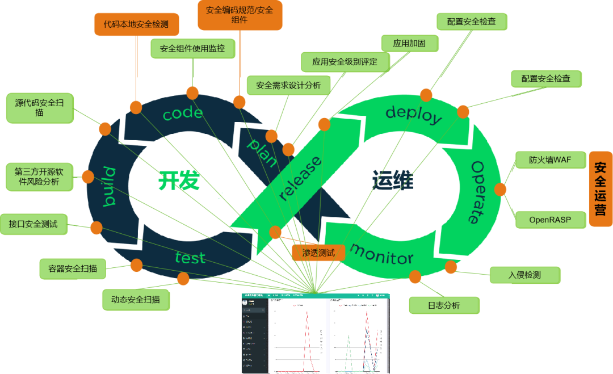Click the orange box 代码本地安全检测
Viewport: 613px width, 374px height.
coord(136,24)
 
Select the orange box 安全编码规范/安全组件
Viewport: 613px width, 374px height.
coord(239,15)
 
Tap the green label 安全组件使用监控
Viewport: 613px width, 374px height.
coord(192,48)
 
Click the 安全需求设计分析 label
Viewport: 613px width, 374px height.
coord(288,85)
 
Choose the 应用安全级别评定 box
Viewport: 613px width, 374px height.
coord(345,61)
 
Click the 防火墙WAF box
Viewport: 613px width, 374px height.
coord(550,159)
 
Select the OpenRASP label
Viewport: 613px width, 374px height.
coord(550,219)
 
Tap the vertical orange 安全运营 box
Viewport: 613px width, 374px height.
coord(601,188)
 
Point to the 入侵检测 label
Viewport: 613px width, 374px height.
coord(524,275)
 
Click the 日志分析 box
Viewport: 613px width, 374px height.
coord(444,305)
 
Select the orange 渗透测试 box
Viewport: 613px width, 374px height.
coord(318,253)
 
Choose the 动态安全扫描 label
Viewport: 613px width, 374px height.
coord(136,299)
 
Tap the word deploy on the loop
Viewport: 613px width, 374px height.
coord(413,114)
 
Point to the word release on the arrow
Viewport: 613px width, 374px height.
coord(301,179)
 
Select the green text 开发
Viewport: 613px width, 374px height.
coord(178,180)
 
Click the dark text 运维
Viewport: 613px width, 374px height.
coord(393,180)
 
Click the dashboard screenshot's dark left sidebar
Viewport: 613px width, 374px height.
coord(254,341)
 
